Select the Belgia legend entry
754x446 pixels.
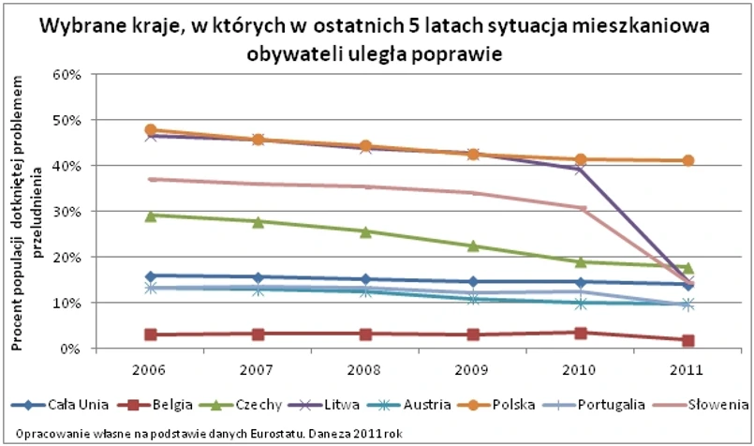coord(170,405)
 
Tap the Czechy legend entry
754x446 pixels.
coord(257,405)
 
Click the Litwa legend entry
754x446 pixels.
coord(340,405)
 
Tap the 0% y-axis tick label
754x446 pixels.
coord(76,349)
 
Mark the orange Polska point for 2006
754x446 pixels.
coord(150,130)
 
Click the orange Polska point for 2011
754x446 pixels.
coord(688,160)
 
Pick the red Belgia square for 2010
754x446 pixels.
coord(581,333)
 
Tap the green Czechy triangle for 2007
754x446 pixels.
coord(258,221)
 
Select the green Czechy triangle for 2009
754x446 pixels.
coord(473,245)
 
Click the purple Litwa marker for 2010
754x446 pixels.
coord(581,169)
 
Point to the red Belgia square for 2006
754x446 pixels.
coord(150,334)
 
